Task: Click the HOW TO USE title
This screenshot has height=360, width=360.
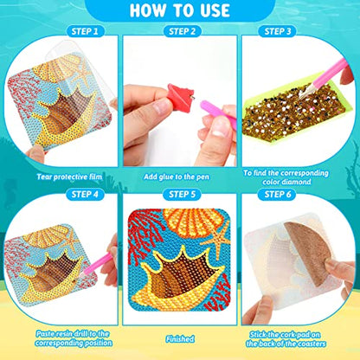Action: coord(180,11)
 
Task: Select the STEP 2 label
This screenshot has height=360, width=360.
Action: coord(180,32)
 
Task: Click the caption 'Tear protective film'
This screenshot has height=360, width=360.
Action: coord(63,174)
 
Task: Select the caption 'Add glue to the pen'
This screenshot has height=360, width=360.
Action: coord(179,174)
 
